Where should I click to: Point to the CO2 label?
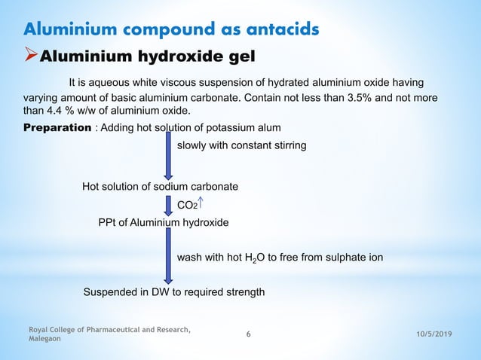pos(186,203)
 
